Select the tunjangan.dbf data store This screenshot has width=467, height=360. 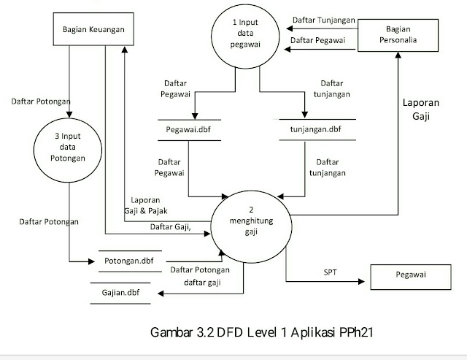[317, 130]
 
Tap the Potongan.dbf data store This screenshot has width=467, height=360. [128, 260]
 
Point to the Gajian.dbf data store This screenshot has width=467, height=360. [122, 293]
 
